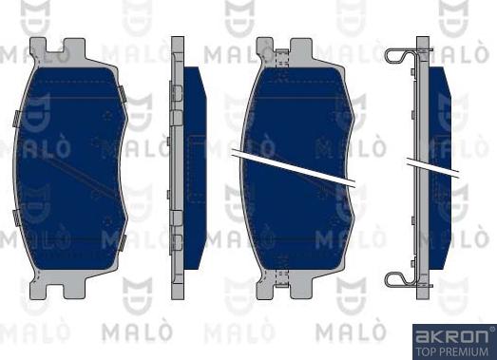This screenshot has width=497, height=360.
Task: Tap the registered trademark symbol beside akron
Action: tap(491, 329)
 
